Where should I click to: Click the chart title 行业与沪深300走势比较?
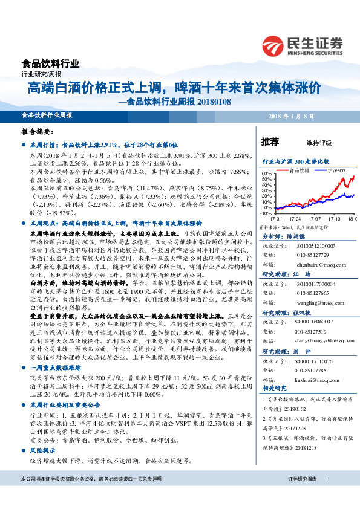click(x=296, y=162)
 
